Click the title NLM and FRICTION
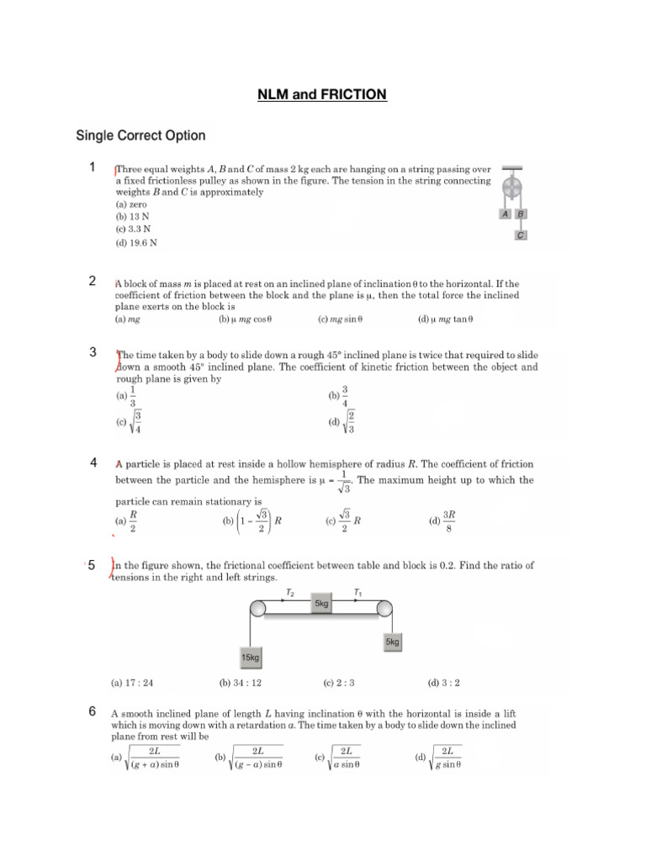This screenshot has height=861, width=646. (x=322, y=95)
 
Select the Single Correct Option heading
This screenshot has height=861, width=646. (x=140, y=135)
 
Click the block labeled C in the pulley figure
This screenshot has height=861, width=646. (x=521, y=235)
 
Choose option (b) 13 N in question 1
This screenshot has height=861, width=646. (x=133, y=216)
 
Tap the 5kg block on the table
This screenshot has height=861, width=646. (x=322, y=605)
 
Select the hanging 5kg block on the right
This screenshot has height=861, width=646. (x=392, y=642)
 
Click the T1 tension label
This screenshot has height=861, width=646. (x=357, y=593)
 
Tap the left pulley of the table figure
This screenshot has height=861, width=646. (x=257, y=607)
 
